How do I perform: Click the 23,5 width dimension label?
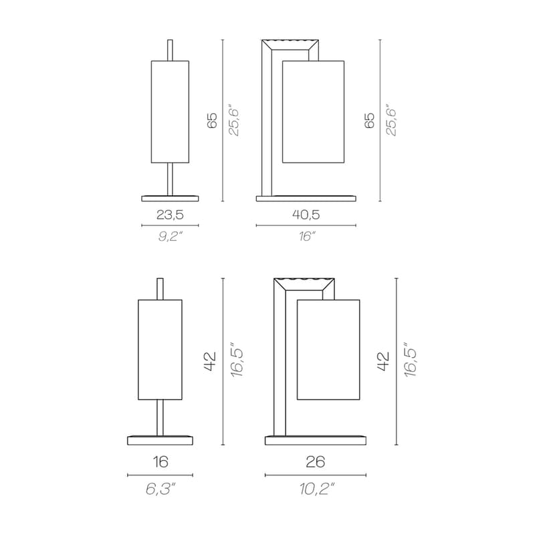point(170,215)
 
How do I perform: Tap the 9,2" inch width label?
point(169,236)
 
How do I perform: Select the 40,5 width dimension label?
point(306,215)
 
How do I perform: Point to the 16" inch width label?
point(306,236)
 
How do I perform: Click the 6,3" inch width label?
point(160,490)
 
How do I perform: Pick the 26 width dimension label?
point(316,461)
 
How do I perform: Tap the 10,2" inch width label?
point(316,490)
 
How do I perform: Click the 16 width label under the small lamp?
point(160,461)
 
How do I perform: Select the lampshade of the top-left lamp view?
point(170,112)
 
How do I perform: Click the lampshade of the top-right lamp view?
point(313,112)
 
